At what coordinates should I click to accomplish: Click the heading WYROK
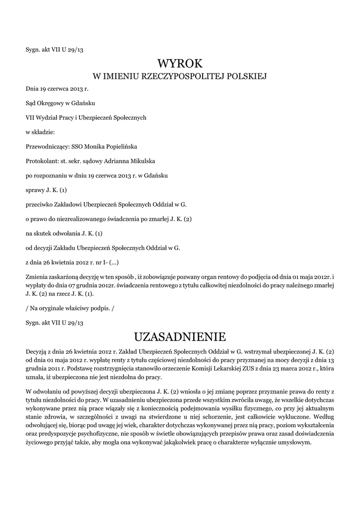coord(180,63)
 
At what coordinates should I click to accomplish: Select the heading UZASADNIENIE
coord(180,337)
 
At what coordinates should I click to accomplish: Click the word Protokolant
coord(41,161)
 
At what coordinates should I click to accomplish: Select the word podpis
coord(102,308)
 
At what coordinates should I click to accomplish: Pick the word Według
coord(321,418)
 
